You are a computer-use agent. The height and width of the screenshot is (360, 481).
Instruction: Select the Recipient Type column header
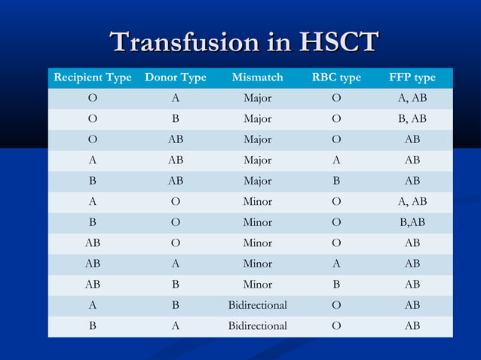point(92,78)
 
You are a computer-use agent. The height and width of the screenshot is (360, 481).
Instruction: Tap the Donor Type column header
point(175,78)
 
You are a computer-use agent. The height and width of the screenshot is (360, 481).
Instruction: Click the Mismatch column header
point(257,78)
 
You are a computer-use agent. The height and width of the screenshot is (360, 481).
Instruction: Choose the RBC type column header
point(336,78)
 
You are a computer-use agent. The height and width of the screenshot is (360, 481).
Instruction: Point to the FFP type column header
point(412,78)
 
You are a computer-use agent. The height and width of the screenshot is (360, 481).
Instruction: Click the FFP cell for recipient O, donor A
point(412,99)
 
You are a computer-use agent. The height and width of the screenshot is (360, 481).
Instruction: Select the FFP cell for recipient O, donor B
point(412,119)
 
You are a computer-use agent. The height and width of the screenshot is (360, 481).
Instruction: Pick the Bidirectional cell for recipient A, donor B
point(257,305)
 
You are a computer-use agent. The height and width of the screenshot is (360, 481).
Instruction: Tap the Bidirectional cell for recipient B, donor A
point(257,326)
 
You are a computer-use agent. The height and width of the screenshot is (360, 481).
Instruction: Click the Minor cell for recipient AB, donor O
point(257,243)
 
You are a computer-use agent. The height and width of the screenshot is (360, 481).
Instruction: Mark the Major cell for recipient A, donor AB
point(257,160)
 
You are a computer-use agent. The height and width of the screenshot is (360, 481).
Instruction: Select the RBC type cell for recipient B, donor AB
point(336,182)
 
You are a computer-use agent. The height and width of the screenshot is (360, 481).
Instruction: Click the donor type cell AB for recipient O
point(175,140)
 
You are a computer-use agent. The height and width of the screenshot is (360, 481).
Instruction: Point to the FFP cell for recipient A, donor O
point(412,202)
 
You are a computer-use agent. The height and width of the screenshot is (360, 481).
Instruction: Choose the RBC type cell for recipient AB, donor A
point(336,264)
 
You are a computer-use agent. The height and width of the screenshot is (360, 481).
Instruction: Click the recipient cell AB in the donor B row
point(92,285)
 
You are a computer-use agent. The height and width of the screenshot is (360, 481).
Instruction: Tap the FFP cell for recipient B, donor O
point(412,223)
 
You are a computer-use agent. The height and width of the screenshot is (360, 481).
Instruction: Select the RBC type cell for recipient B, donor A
point(336,326)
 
